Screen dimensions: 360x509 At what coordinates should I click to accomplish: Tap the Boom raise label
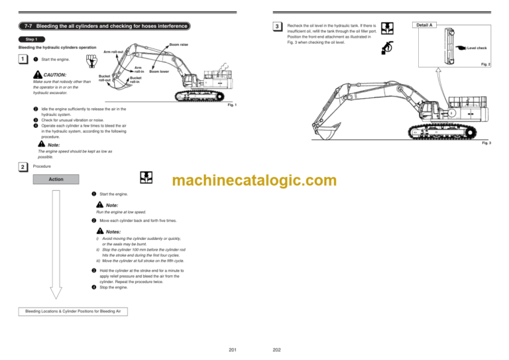179,44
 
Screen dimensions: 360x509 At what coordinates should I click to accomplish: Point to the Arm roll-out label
113,52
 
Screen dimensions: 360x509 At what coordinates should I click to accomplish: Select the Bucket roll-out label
104,78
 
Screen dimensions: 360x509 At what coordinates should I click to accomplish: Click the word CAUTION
54,75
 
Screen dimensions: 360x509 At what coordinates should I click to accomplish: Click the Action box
56,179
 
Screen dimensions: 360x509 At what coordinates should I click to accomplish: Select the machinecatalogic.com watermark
254,180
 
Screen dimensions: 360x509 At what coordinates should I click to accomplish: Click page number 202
277,350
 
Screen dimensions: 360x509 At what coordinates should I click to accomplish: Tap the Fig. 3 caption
486,143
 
